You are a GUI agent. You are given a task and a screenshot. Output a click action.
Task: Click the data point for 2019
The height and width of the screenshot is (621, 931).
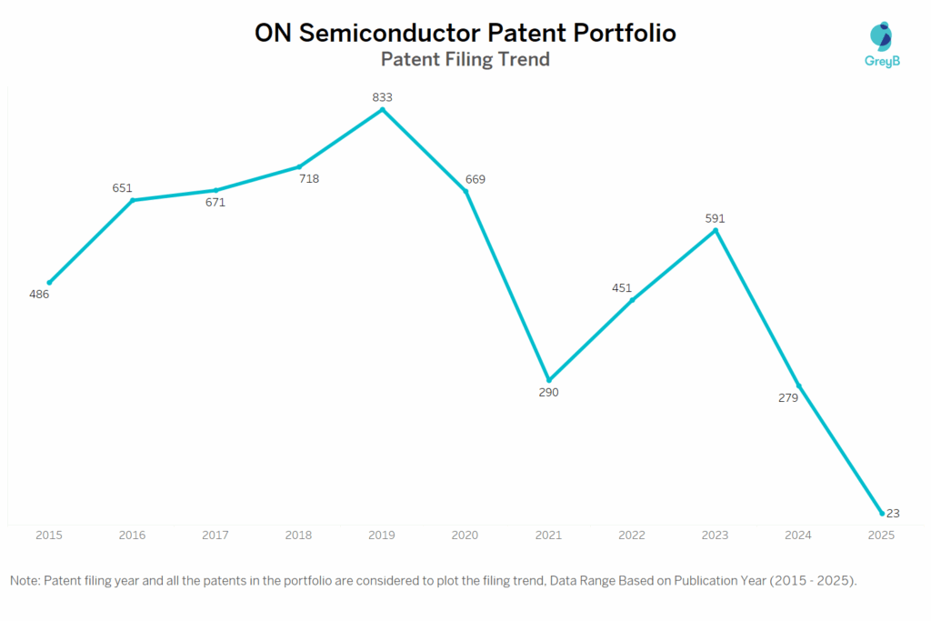click(x=382, y=109)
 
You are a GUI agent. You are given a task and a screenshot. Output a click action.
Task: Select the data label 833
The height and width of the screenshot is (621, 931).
click(x=382, y=96)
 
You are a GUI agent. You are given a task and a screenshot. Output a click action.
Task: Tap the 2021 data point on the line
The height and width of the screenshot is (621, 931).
click(x=549, y=380)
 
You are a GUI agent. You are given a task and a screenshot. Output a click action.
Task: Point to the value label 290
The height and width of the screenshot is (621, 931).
click(x=548, y=393)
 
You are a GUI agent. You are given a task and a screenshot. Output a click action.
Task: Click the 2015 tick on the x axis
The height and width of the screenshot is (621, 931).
click(x=49, y=536)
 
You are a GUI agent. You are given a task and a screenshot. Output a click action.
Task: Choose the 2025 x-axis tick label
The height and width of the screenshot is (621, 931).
click(x=881, y=536)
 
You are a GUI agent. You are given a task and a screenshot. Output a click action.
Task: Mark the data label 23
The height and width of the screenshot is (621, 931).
click(x=893, y=514)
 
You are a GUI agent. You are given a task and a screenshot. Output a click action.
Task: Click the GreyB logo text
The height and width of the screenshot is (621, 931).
click(x=880, y=63)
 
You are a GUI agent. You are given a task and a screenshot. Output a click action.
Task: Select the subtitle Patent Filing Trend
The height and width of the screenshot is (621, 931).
click(x=465, y=60)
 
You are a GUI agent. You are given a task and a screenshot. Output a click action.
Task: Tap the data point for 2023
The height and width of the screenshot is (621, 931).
click(x=716, y=230)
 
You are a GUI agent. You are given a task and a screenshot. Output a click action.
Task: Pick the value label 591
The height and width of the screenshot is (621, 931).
click(x=715, y=218)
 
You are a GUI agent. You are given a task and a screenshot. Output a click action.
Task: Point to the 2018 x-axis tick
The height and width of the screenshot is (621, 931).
click(x=299, y=536)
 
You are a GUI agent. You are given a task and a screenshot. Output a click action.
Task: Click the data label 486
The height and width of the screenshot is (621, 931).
click(x=39, y=295)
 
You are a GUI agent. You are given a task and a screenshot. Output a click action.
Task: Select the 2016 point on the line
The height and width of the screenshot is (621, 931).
click(x=133, y=200)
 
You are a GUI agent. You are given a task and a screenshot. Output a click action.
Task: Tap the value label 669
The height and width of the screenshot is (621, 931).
click(x=475, y=179)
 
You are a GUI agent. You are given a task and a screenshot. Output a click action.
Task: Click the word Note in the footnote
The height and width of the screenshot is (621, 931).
click(x=25, y=580)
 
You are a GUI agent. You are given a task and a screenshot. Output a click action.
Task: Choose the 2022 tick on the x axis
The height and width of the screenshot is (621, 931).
click(x=632, y=536)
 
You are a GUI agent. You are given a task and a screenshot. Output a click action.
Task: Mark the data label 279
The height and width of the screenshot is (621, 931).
click(x=787, y=397)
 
